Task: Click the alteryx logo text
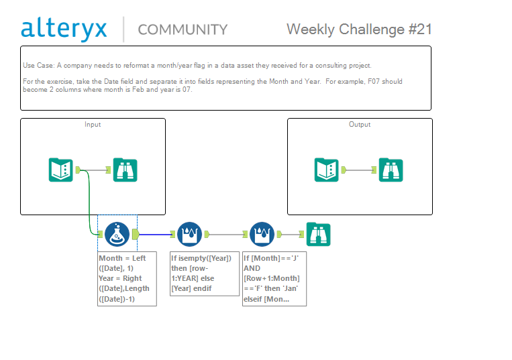64,29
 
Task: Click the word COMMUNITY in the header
183,29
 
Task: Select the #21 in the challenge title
420,29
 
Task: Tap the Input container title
93,124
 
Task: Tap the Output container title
360,124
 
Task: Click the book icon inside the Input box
61,170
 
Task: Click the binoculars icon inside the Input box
125,170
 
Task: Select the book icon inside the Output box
327,170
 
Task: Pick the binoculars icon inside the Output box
391,170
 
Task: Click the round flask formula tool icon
117,234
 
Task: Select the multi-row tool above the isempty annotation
189,234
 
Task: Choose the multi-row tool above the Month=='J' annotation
262,234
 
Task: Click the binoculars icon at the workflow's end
318,234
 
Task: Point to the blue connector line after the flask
156,234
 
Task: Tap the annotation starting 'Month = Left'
127,279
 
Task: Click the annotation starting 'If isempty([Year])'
205,274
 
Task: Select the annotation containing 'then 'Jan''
274,279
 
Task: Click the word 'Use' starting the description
28,65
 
